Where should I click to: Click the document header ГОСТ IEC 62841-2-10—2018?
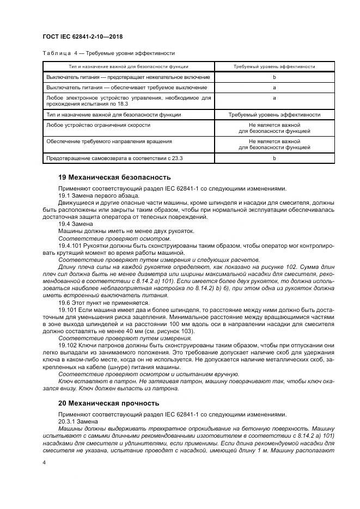[82, 36]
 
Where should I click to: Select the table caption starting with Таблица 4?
[108, 53]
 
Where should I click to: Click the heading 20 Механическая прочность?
[108, 403]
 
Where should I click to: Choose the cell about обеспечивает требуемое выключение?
[126, 87]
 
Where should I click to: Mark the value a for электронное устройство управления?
[274, 97]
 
